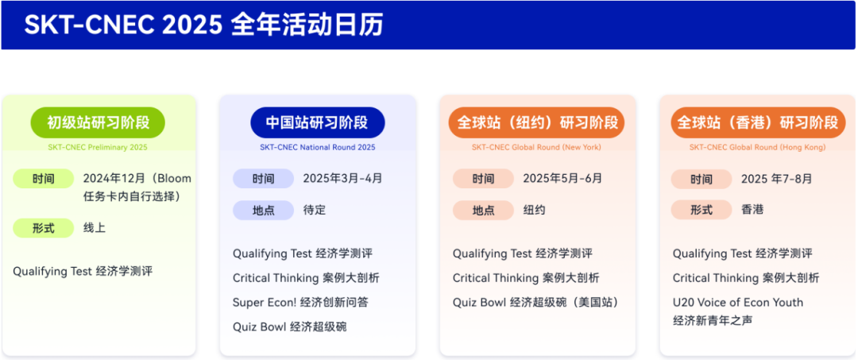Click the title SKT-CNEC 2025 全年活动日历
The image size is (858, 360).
[x=203, y=25]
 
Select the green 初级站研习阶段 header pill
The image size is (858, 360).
[x=98, y=122]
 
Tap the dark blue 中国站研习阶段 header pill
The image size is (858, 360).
[x=317, y=122]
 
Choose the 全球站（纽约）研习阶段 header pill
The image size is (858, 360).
[x=537, y=122]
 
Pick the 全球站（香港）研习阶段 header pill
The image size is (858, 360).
[x=757, y=122]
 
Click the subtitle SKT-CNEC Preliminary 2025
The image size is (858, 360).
[x=98, y=147]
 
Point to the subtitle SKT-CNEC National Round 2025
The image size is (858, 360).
[x=317, y=147]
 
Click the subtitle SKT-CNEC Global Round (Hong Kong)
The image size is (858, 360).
[x=757, y=147]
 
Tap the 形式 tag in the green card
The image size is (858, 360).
[x=44, y=228]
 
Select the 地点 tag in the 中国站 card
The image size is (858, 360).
[x=263, y=211]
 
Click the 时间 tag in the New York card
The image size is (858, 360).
[x=483, y=179]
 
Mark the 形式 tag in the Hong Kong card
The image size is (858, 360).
[x=701, y=211]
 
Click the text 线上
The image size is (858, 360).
[x=95, y=228]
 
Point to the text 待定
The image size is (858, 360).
[x=315, y=211]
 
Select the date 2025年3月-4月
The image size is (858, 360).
[x=342, y=179]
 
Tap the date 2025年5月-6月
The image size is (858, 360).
[x=562, y=179]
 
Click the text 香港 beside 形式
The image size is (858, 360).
[x=752, y=211]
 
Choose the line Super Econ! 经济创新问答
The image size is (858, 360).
[x=300, y=303]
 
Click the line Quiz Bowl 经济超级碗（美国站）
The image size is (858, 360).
[x=535, y=303]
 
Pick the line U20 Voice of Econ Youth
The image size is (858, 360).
[x=737, y=303]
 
